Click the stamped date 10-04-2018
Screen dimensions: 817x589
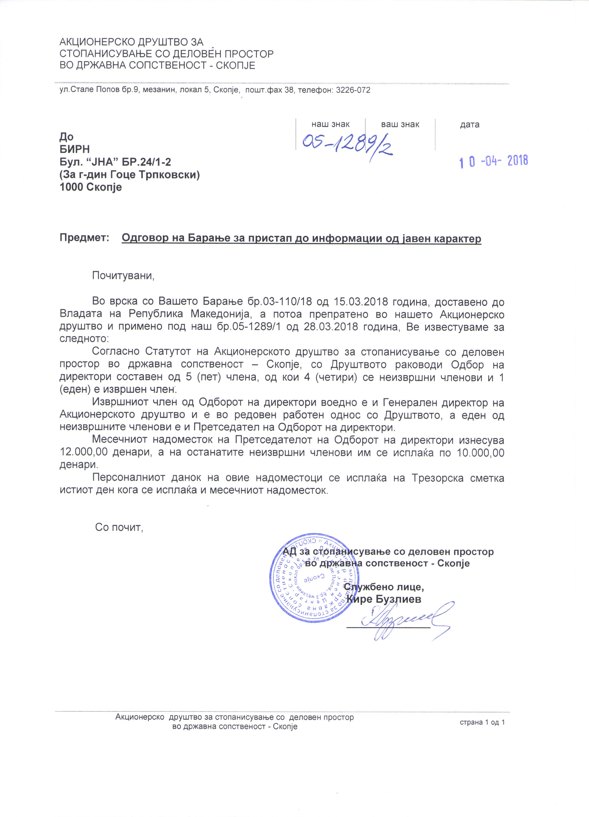click(x=493, y=161)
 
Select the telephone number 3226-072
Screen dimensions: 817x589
click(x=353, y=90)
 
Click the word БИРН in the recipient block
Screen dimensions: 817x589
click(x=75, y=149)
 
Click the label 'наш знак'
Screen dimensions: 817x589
click(x=330, y=125)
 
